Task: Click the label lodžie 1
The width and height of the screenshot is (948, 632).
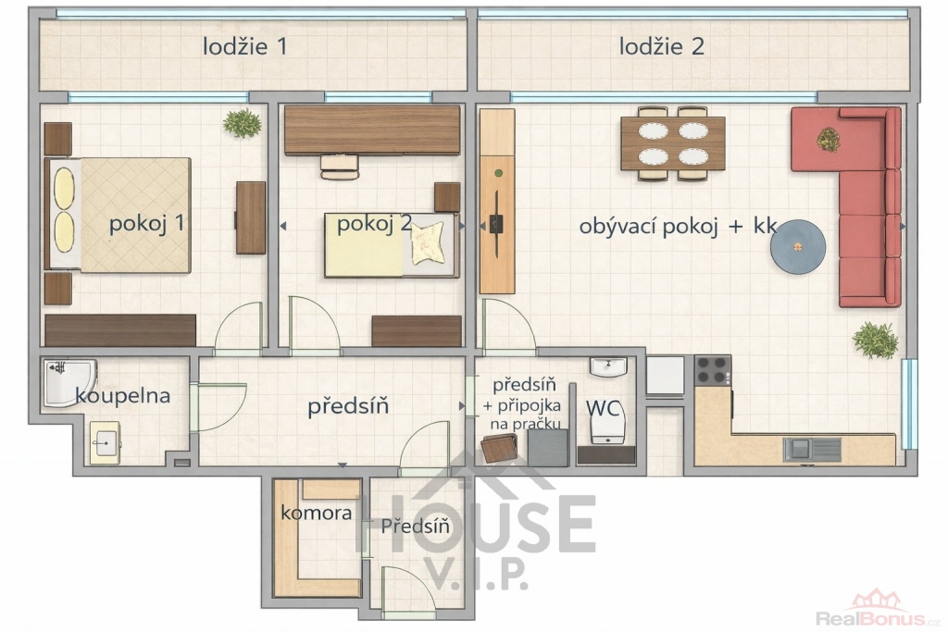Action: point(244,46)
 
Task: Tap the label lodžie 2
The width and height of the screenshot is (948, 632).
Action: point(661,46)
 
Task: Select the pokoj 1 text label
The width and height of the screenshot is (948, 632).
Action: point(146,224)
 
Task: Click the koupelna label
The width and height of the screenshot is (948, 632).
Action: point(123,396)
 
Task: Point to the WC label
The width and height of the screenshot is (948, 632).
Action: point(603,408)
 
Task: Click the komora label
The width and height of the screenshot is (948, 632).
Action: point(317,514)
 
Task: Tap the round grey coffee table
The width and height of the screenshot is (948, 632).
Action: point(798,248)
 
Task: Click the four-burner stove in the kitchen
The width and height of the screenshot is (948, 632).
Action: point(712,370)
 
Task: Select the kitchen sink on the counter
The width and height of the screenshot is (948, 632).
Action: point(812,450)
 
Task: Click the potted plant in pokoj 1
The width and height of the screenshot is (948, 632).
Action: point(242,123)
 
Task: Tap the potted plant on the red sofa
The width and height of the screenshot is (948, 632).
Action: point(828,140)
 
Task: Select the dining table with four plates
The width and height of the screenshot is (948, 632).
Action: point(673,143)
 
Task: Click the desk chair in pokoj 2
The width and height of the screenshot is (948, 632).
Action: point(339,167)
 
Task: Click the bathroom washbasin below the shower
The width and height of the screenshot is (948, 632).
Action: point(106,443)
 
